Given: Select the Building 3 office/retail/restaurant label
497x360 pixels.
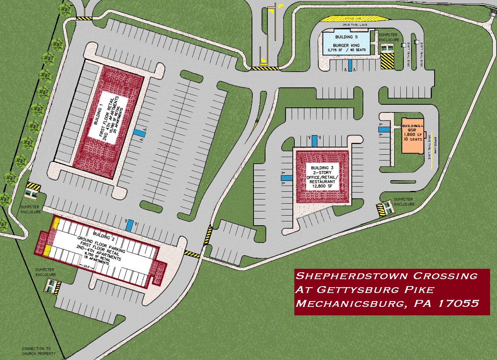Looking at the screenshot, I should (x=322, y=176).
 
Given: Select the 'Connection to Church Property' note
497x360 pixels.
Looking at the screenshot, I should (x=39, y=351).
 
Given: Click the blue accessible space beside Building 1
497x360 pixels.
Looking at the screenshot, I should (x=140, y=133).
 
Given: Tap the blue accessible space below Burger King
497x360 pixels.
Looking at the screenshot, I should (x=350, y=65).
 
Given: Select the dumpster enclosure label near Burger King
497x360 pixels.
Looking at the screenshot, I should (x=388, y=37).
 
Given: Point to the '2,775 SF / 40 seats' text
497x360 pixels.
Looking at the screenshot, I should (x=346, y=50).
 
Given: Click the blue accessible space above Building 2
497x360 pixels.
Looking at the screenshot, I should (x=130, y=224).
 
